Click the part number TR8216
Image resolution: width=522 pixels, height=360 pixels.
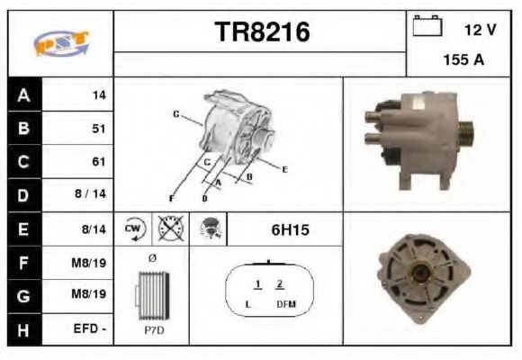261,32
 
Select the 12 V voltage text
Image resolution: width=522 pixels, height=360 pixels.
480,30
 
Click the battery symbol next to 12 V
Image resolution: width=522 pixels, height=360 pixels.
425,27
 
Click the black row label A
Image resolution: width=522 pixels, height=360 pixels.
23,94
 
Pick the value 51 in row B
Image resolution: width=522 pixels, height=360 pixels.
99,128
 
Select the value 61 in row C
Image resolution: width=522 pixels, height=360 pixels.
99,162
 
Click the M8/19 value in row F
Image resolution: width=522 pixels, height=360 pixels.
92,263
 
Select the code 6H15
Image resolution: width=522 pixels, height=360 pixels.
290,229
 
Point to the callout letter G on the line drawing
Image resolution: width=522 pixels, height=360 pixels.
175,114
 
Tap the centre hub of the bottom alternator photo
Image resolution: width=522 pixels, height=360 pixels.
419,274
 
